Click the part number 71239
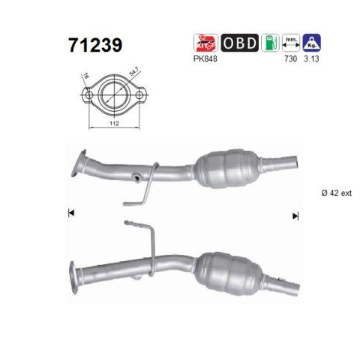[x=95, y=45]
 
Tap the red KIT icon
[x=205, y=43]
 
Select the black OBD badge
[x=240, y=43]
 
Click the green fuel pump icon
[x=270, y=43]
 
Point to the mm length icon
[x=291, y=43]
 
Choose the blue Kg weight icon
[x=311, y=43]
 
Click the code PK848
[x=205, y=59]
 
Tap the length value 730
[x=291, y=59]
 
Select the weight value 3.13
[x=311, y=59]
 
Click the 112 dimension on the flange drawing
[x=114, y=123]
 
